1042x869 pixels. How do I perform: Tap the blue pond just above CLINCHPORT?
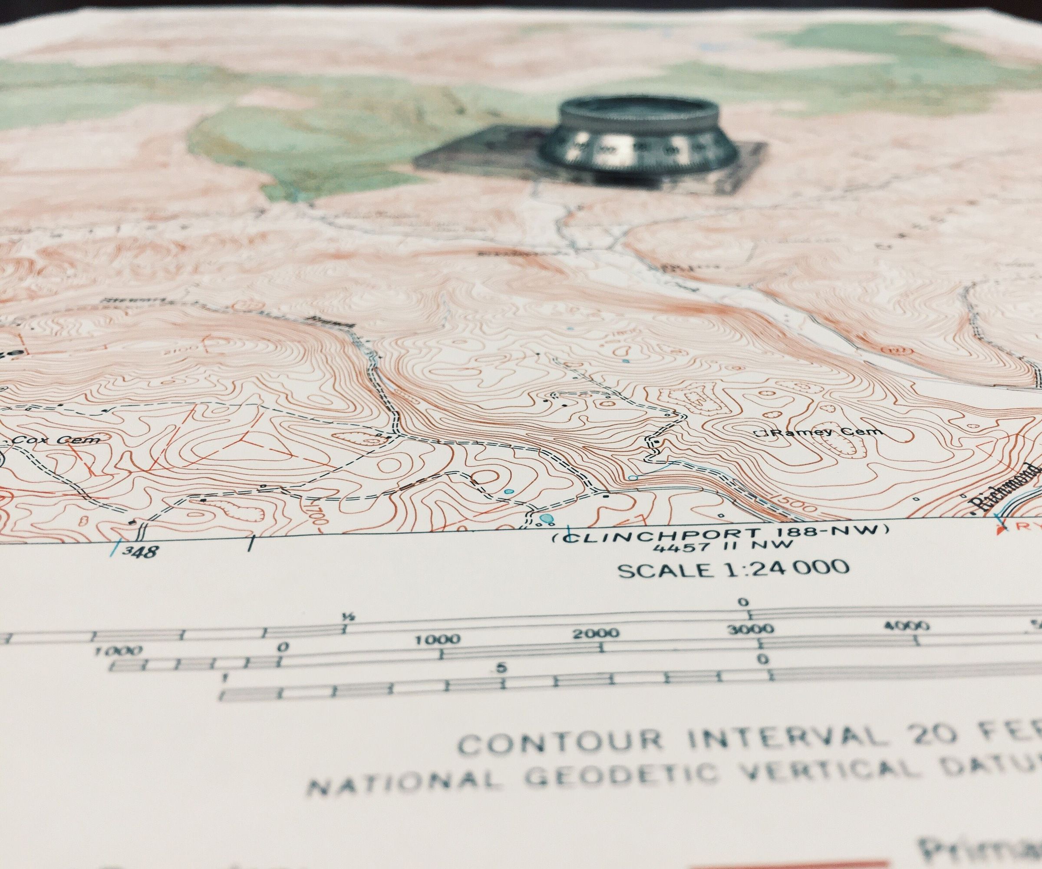click(x=546, y=532)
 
